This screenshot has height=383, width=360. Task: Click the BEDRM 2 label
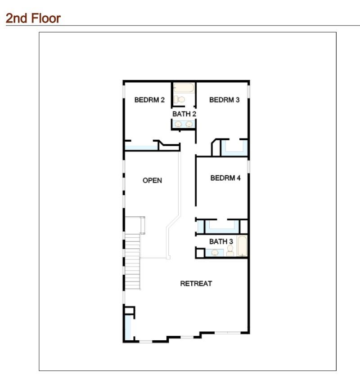149,100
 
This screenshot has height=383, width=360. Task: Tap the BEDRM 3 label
224,100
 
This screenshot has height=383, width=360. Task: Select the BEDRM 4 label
225,178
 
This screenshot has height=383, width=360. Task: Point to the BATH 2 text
184,114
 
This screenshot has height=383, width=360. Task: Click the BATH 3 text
218,242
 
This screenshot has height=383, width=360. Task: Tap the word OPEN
152,181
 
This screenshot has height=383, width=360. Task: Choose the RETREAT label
196,284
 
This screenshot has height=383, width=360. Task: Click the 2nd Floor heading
32,19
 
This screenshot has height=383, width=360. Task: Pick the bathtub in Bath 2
184,88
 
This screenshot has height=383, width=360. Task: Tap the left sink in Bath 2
178,124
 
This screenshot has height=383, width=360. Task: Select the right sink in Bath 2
189,124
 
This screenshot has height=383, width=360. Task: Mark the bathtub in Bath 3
242,246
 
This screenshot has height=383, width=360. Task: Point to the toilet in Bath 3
230,250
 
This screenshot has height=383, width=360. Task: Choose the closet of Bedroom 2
140,147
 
